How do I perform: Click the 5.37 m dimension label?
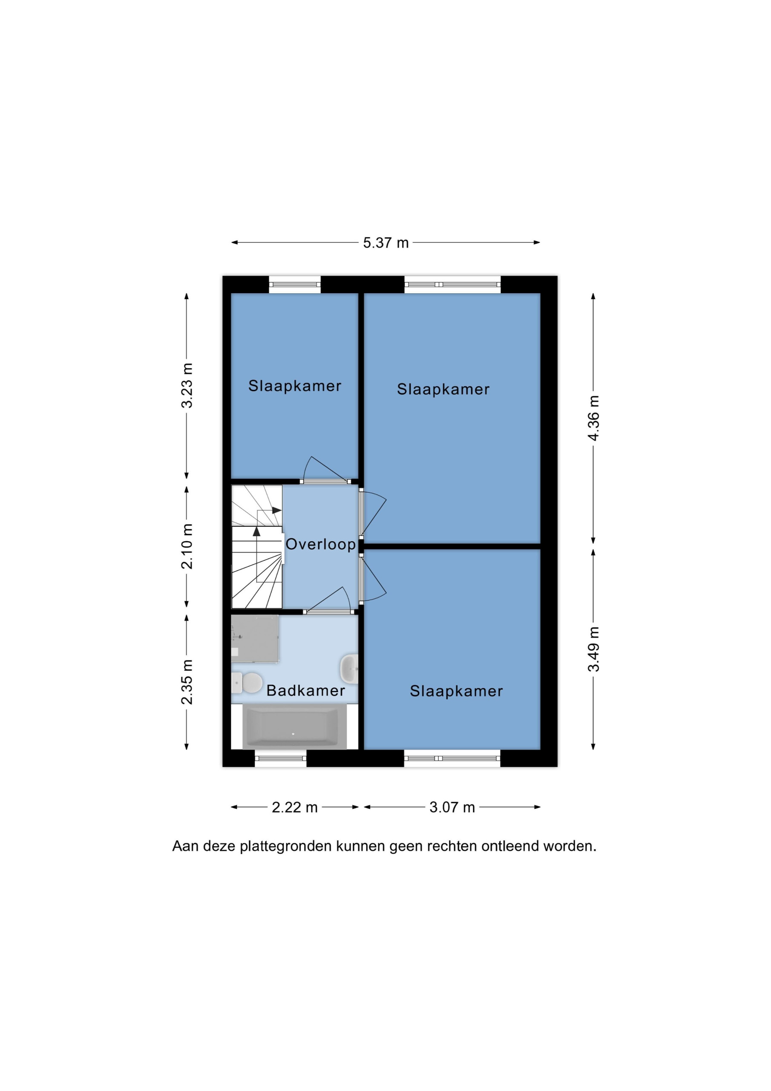(x=386, y=243)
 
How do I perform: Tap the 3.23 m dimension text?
(x=187, y=385)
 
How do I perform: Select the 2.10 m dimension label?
(x=187, y=546)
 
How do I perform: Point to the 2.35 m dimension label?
(x=187, y=682)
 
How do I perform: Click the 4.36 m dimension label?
(x=594, y=418)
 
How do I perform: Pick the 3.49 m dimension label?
(x=594, y=649)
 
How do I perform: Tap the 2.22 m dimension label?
(x=294, y=807)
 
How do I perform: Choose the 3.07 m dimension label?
(x=452, y=807)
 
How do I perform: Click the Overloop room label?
(x=321, y=545)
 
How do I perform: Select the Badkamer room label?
(x=305, y=690)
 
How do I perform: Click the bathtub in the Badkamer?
(x=291, y=727)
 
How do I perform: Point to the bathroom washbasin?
(x=349, y=669)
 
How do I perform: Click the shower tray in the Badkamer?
(x=255, y=638)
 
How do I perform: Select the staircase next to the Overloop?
(x=256, y=546)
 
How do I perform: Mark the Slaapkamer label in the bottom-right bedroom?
(x=456, y=691)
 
